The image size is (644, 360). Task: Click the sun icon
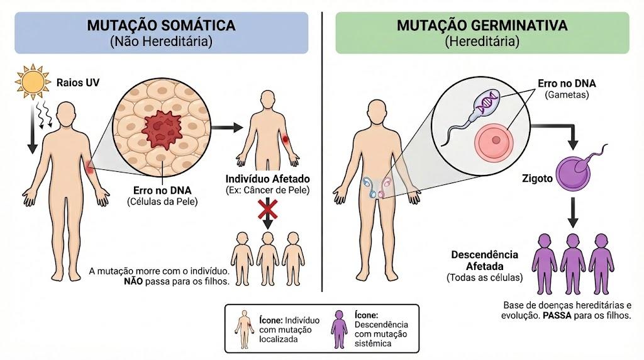[32, 82]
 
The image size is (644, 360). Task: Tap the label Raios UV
[78, 82]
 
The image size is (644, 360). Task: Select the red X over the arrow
[268, 209]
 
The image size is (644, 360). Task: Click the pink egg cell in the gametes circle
[494, 140]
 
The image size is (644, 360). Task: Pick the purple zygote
[574, 174]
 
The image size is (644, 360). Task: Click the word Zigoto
[537, 179]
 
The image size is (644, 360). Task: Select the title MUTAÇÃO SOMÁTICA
[162, 25]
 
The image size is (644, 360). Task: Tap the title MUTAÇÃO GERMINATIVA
[482, 25]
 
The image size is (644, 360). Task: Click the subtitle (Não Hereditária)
[161, 42]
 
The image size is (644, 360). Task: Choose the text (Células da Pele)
[162, 202]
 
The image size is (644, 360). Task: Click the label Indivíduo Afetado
[267, 179]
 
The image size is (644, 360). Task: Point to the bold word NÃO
[133, 282]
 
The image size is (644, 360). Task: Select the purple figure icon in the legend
[339, 329]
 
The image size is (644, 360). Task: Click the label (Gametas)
[567, 94]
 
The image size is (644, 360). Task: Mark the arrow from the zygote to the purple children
[573, 212]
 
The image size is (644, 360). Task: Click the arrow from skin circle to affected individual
[227, 127]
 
